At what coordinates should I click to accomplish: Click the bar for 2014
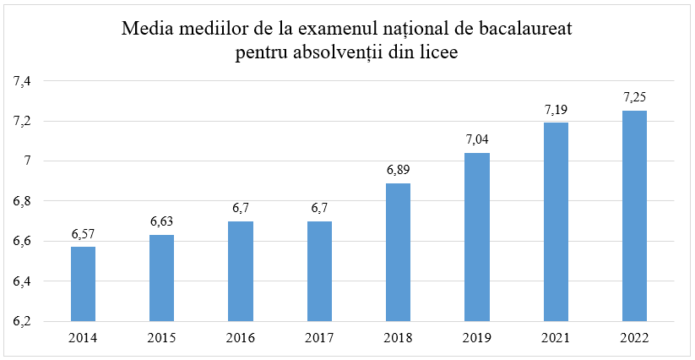click(83, 284)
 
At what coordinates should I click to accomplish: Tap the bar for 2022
click(634, 215)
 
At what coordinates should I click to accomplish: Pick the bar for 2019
click(477, 237)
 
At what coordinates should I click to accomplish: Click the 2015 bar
click(161, 278)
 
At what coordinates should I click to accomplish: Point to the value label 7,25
click(634, 98)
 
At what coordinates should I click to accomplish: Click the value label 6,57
click(83, 234)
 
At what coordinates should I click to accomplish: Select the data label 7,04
click(477, 140)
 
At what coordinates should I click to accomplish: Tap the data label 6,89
click(398, 171)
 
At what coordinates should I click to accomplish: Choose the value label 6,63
click(161, 222)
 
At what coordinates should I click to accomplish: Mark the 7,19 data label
click(556, 110)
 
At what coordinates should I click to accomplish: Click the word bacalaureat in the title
click(524, 30)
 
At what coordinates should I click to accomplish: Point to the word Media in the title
click(145, 30)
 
